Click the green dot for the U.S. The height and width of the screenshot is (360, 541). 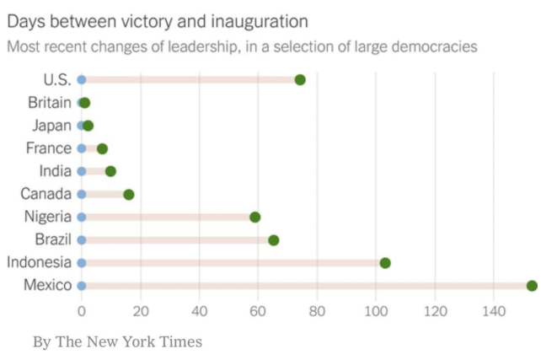(300, 80)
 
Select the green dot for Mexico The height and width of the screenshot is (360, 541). (532, 286)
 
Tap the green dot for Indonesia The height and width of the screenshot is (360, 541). (385, 263)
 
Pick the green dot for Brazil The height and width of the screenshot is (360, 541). (274, 240)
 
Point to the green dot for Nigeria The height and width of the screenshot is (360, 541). (255, 218)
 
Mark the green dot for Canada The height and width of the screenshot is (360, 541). (129, 194)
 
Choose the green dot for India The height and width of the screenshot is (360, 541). (110, 171)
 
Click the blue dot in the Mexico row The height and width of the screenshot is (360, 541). (82, 286)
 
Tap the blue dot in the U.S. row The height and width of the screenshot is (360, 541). (82, 80)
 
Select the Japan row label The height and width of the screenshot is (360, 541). (52, 126)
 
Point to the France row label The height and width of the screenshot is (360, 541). (50, 148)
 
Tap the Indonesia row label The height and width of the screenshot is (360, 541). (40, 262)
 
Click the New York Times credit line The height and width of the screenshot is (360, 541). (117, 341)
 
